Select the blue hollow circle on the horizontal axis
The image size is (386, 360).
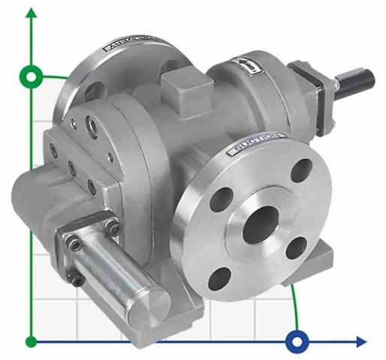pyautogui.click(x=297, y=342)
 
